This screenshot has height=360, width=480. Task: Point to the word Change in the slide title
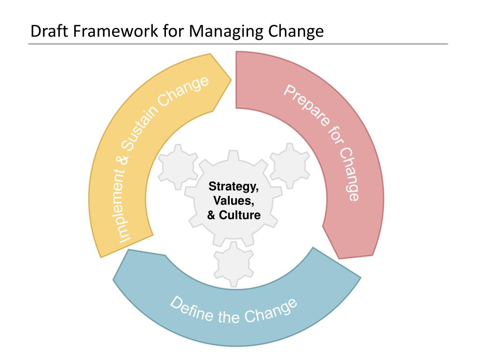(294, 31)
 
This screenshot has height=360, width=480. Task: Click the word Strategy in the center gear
(233, 187)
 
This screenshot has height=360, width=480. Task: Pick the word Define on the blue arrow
(190, 310)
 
